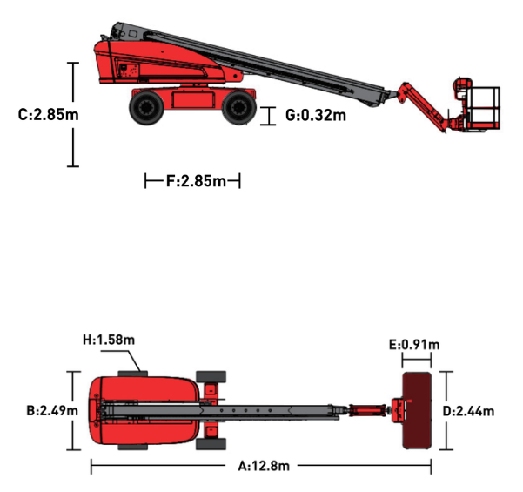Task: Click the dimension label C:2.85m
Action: click(x=49, y=115)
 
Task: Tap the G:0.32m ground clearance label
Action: click(x=316, y=115)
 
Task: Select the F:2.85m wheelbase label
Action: click(x=196, y=181)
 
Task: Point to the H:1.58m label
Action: click(x=109, y=340)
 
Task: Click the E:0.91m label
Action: click(x=414, y=345)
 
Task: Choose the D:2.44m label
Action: click(x=468, y=411)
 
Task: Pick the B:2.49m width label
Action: click(x=52, y=410)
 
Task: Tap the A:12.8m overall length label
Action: click(x=264, y=466)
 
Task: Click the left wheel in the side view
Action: click(x=146, y=107)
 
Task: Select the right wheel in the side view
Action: click(x=238, y=107)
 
